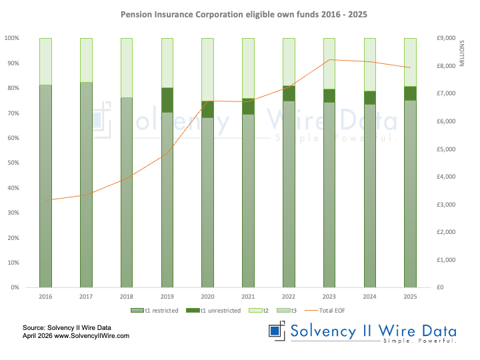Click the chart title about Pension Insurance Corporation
(x=240, y=14)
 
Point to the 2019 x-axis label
(x=167, y=297)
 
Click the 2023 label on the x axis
(x=329, y=297)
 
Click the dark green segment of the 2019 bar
(x=167, y=100)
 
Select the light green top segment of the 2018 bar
(x=127, y=67)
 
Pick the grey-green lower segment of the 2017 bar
(x=86, y=187)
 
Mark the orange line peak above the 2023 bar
(x=329, y=60)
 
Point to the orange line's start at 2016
(x=45, y=200)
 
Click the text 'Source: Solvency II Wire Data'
(x=66, y=327)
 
